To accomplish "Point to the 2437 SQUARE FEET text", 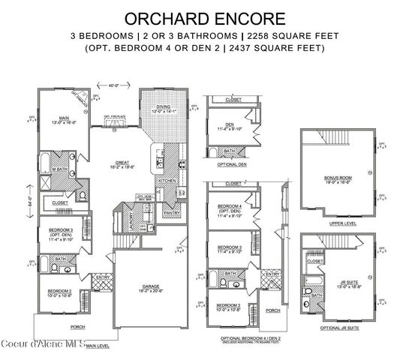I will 287,49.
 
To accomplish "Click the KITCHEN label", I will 167,181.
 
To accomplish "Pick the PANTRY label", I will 172,213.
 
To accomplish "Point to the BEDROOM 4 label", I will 230,206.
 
